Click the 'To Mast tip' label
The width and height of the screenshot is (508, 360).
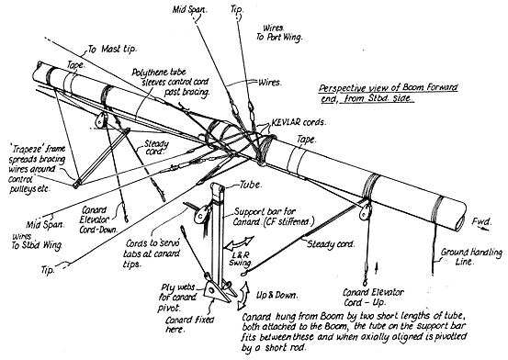coord(112,49)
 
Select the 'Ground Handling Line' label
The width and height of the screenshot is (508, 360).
coord(471,256)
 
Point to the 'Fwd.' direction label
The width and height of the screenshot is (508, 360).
coord(481,222)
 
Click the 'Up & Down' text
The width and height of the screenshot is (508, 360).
coord(277,295)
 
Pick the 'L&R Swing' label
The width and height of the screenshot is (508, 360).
coord(241,258)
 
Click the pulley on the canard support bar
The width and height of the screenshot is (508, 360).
coord(201,214)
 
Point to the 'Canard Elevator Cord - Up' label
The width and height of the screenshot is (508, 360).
coord(373,298)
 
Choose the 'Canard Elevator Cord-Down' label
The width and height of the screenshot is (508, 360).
coord(98,220)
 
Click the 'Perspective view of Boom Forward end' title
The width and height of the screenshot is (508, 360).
coord(389,93)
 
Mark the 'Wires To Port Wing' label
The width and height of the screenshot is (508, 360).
coord(279,33)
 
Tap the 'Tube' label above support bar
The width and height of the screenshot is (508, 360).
coord(251,185)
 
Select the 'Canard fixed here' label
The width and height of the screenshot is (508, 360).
coord(189,325)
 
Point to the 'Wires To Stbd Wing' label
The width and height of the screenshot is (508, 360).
coord(37,241)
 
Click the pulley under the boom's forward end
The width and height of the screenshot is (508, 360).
coord(366,211)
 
